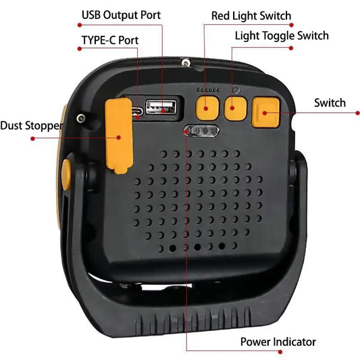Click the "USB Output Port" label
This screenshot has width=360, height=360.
click(x=121, y=15)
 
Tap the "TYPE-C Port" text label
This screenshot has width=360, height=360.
click(x=109, y=41)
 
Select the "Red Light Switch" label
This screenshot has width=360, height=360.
click(x=251, y=16)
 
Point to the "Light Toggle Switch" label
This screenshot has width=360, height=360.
click(x=282, y=35)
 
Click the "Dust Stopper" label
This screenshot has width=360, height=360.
click(x=31, y=126)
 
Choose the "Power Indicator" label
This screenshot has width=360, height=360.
click(x=278, y=342)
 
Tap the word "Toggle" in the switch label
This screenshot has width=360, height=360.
click(x=278, y=35)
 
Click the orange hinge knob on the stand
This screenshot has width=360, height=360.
click(x=66, y=174)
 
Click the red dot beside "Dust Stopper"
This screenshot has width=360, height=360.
click(x=32, y=138)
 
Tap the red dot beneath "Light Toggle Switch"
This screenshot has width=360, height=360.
click(x=292, y=48)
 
